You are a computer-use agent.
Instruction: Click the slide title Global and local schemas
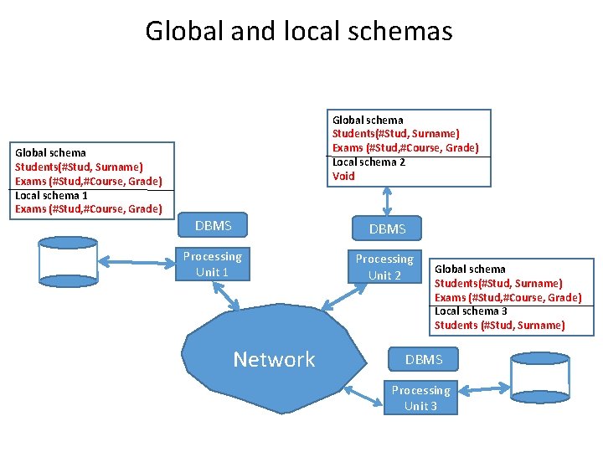coord(299,31)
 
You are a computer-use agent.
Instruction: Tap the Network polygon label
coord(274,359)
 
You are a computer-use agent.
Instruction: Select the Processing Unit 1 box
coord(212,264)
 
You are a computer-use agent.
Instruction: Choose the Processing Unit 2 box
coord(384,266)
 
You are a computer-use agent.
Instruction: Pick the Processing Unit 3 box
coord(420,397)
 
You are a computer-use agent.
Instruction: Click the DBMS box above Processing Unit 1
coord(213,225)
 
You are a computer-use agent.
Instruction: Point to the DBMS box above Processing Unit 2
coord(387,229)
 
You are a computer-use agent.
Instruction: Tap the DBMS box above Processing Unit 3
coord(424,360)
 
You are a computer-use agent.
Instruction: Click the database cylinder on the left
coord(69,262)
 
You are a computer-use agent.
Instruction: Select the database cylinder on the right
coord(539,380)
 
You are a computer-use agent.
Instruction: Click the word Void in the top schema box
coord(343,176)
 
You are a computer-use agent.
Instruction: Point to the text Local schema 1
coord(51,195)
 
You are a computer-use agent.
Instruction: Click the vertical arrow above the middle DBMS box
coord(386,201)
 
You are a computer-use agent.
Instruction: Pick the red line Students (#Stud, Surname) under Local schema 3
coord(499,326)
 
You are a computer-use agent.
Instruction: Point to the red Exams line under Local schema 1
coord(88,209)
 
